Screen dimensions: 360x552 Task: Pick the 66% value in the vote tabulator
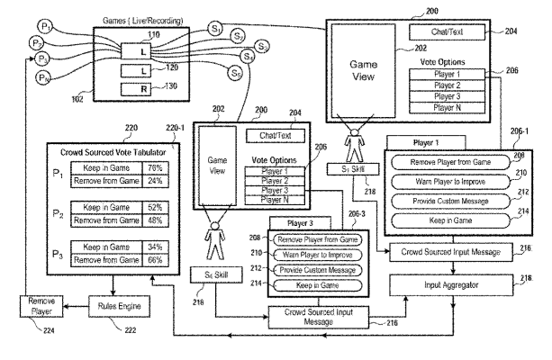click(157, 261)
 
